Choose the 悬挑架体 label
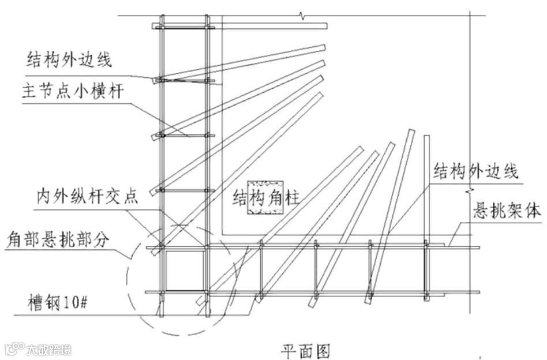(x=507, y=211)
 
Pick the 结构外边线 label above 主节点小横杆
(x=69, y=59)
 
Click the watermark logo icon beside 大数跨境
(x=13, y=349)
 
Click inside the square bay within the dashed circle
(x=183, y=269)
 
